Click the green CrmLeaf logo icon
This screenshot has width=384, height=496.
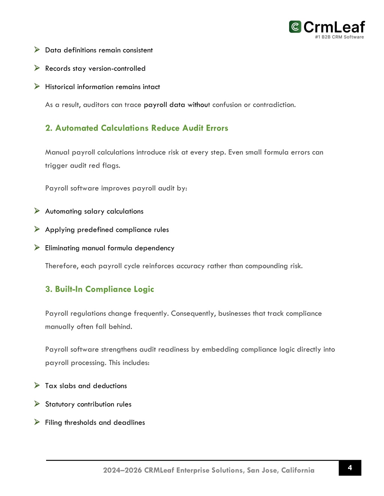(x=295, y=27)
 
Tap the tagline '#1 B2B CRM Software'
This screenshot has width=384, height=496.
(x=339, y=37)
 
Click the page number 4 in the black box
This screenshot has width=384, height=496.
(x=350, y=468)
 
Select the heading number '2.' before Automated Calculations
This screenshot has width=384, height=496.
(x=49, y=128)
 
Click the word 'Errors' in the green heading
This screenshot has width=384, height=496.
(x=217, y=128)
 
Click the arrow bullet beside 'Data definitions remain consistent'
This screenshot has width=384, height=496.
(x=37, y=50)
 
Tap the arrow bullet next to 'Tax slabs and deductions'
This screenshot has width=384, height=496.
(x=37, y=385)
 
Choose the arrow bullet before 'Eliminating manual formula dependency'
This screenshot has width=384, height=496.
(x=37, y=247)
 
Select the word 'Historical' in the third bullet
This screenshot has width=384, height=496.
(x=60, y=87)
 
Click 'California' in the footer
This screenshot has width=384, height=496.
(x=298, y=470)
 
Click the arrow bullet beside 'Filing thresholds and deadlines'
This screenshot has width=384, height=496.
(x=37, y=422)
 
